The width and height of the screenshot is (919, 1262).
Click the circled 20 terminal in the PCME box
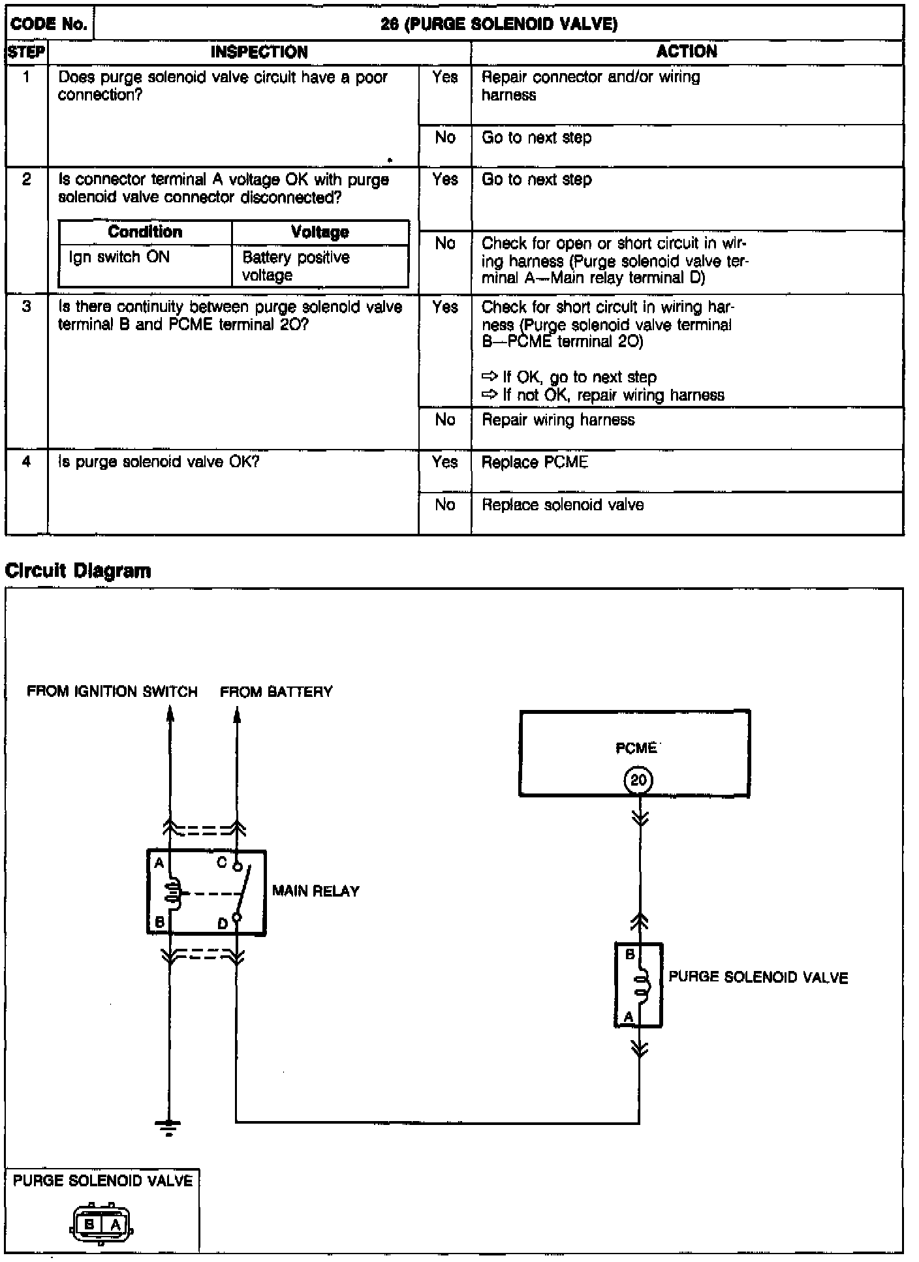click(x=638, y=780)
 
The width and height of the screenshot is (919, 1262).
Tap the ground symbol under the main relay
click(x=169, y=1127)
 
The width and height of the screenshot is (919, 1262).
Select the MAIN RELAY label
click(x=316, y=891)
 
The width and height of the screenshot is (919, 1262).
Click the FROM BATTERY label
click(x=276, y=692)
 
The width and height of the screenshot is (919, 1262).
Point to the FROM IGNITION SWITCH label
click(x=112, y=692)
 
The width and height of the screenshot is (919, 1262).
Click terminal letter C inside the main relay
click(x=222, y=863)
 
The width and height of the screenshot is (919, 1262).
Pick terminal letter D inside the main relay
click(x=223, y=924)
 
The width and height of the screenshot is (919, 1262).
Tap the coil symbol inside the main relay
click(x=172, y=893)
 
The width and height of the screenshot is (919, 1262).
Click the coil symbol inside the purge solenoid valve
click(x=643, y=985)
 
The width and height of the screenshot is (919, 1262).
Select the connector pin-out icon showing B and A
click(x=102, y=1225)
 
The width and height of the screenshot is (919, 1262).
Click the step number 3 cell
click(x=26, y=307)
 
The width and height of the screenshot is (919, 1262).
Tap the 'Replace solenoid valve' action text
click(x=563, y=505)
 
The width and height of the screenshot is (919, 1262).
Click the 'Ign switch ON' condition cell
click(x=119, y=257)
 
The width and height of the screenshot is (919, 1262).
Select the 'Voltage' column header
click(x=320, y=232)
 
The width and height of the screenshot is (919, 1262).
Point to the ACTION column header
click(x=687, y=52)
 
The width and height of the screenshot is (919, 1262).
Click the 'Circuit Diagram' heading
click(x=78, y=571)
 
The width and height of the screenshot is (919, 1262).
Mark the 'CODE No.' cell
click(x=50, y=24)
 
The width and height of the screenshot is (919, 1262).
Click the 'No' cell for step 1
click(x=445, y=138)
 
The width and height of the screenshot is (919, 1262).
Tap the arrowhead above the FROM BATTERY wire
click(x=237, y=716)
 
